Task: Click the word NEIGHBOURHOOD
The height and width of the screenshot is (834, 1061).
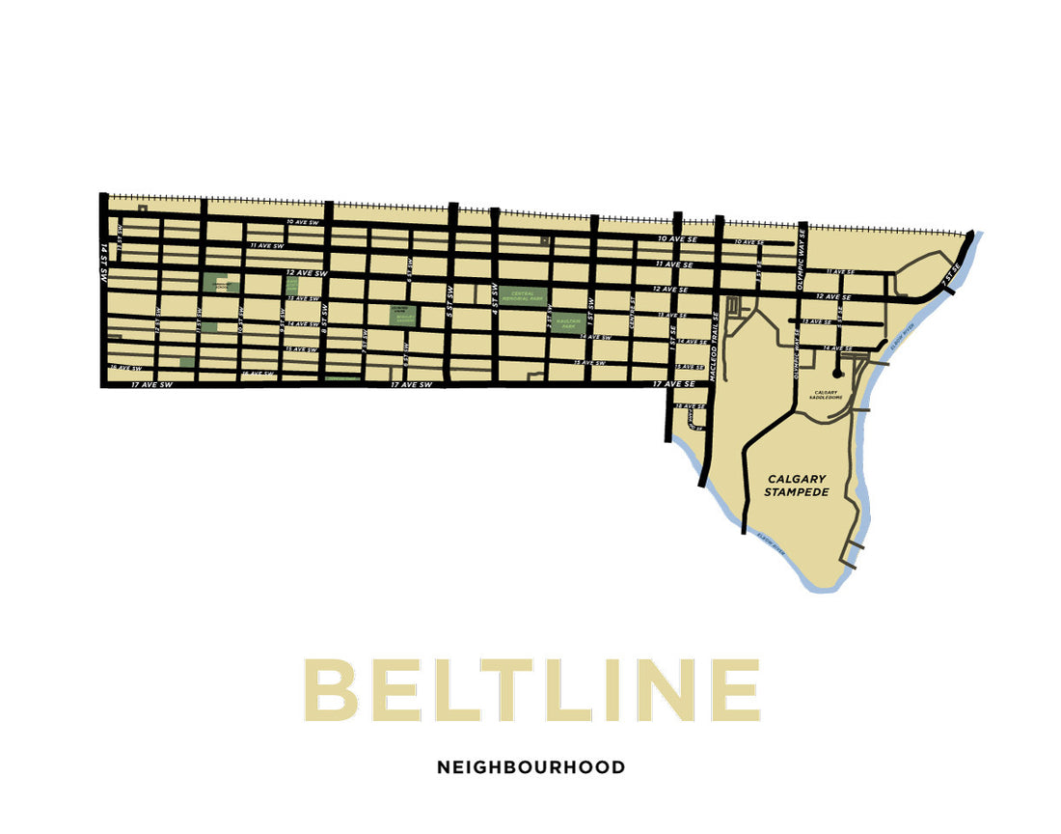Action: click(x=530, y=768)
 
